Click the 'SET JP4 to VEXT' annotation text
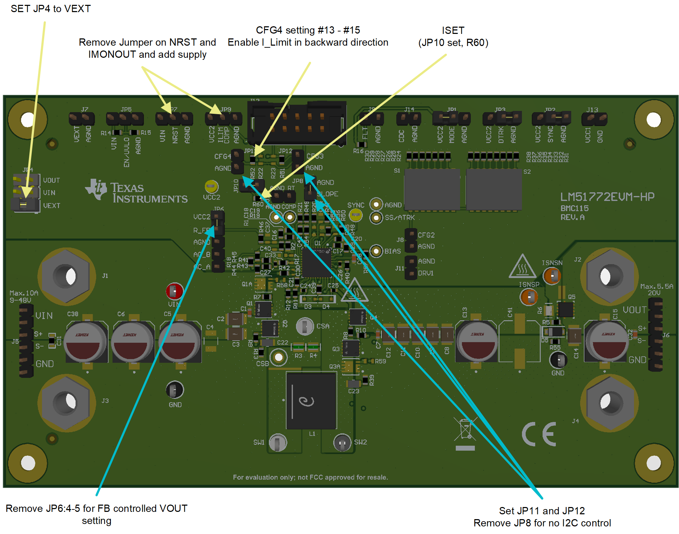pyautogui.click(x=50, y=9)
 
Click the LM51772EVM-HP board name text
pyautogui.click(x=607, y=197)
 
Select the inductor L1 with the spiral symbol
pyautogui.click(x=311, y=401)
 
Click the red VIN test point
pyautogui.click(x=174, y=291)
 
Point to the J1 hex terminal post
pyautogui.click(x=66, y=276)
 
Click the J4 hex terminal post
pyautogui.click(x=610, y=403)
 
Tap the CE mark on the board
pyautogui.click(x=539, y=434)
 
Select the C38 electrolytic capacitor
pyautogui.click(x=86, y=341)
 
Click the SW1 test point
pyautogui.click(x=277, y=442)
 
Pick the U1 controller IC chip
pyautogui.click(x=316, y=262)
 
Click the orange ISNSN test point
pyautogui.click(x=552, y=276)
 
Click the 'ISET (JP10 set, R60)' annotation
pyautogui.click(x=453, y=37)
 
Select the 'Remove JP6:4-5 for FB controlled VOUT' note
pyautogui.click(x=96, y=514)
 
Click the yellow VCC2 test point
pyautogui.click(x=211, y=187)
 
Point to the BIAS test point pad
pyautogui.click(x=376, y=251)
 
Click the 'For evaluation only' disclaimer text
pyautogui.click(x=310, y=477)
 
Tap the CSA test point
pyautogui.click(x=304, y=326)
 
